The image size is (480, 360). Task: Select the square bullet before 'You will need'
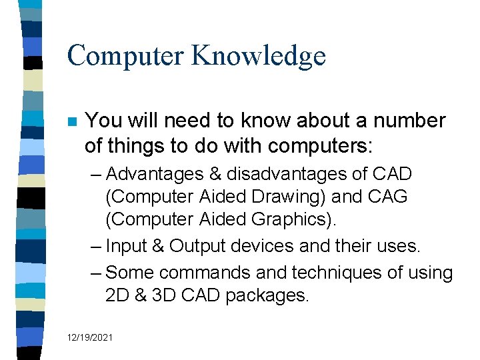pos(73,123)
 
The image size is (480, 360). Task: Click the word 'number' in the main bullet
pos(409,121)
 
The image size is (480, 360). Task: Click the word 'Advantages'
pos(155,175)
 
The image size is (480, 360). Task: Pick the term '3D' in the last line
pos(165,296)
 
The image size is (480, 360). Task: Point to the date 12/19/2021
pos(89,338)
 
